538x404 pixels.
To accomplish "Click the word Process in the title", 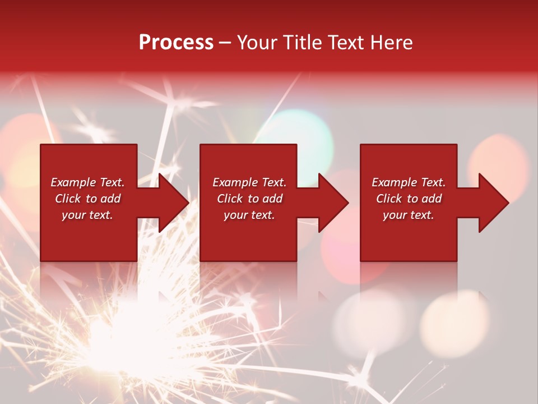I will (176, 43).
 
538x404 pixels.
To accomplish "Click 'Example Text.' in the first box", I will (87, 182).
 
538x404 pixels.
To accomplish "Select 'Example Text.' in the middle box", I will (249, 182).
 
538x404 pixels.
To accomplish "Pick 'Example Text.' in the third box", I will (409, 182).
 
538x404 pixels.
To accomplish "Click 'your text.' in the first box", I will (87, 215).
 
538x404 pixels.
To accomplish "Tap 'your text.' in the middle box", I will (249, 215).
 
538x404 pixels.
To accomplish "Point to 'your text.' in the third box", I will (409, 215).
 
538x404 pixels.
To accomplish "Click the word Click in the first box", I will (68, 199).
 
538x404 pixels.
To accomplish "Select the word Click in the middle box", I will (230, 199).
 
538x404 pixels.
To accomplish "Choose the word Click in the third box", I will (389, 199).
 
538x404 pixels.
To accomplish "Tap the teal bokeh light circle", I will (297, 135).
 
